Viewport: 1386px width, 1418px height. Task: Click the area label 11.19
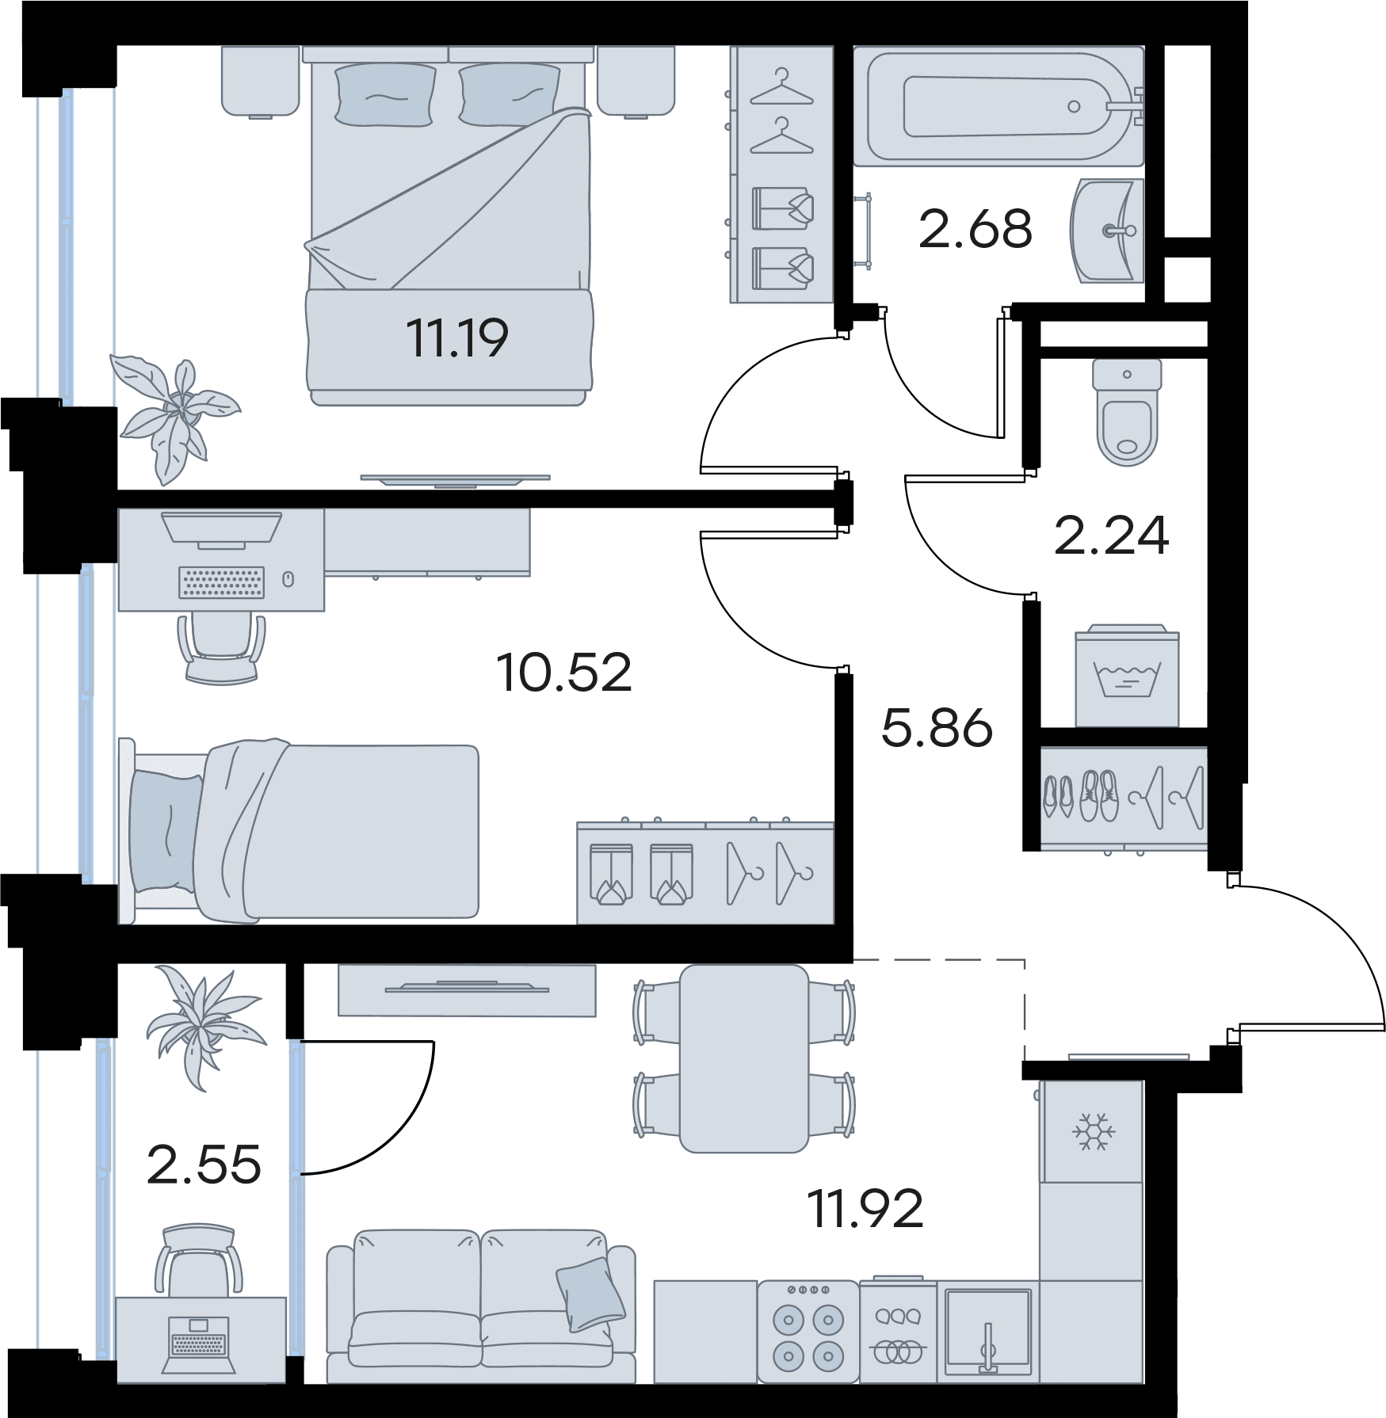click(457, 338)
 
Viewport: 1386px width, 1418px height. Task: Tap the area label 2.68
click(975, 230)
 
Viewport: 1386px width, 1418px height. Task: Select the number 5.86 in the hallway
click(937, 728)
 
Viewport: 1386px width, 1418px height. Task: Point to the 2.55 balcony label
click(204, 1165)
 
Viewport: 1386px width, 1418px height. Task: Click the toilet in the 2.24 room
click(1127, 412)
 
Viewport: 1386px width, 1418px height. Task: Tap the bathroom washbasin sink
click(1107, 231)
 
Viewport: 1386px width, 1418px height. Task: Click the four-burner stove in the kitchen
click(808, 1332)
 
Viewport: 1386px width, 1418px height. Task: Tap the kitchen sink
click(988, 1332)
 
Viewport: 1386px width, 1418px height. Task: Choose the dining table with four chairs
click(744, 1058)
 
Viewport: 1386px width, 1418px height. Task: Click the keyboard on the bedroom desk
click(221, 582)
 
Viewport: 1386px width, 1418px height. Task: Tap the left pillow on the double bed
click(385, 95)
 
